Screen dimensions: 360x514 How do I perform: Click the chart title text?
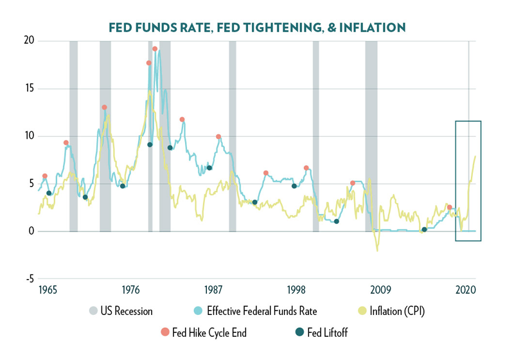point(256,27)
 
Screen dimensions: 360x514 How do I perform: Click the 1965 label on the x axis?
point(48,290)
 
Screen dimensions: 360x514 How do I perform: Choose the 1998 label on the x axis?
point(297,290)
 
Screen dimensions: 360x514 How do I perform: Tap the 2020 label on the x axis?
point(465,290)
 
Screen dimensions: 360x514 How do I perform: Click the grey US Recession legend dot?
point(94,311)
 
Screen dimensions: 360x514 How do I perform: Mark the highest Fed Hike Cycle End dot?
point(155,49)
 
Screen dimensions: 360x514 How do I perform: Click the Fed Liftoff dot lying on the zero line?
point(424,230)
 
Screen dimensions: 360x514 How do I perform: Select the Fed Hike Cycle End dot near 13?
point(104,107)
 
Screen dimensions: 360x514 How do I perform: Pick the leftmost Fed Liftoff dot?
point(49,193)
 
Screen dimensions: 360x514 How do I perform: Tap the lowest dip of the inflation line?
point(377,250)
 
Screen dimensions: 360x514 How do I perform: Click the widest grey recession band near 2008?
point(371,135)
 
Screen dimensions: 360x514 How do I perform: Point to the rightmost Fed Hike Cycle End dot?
point(450,208)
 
